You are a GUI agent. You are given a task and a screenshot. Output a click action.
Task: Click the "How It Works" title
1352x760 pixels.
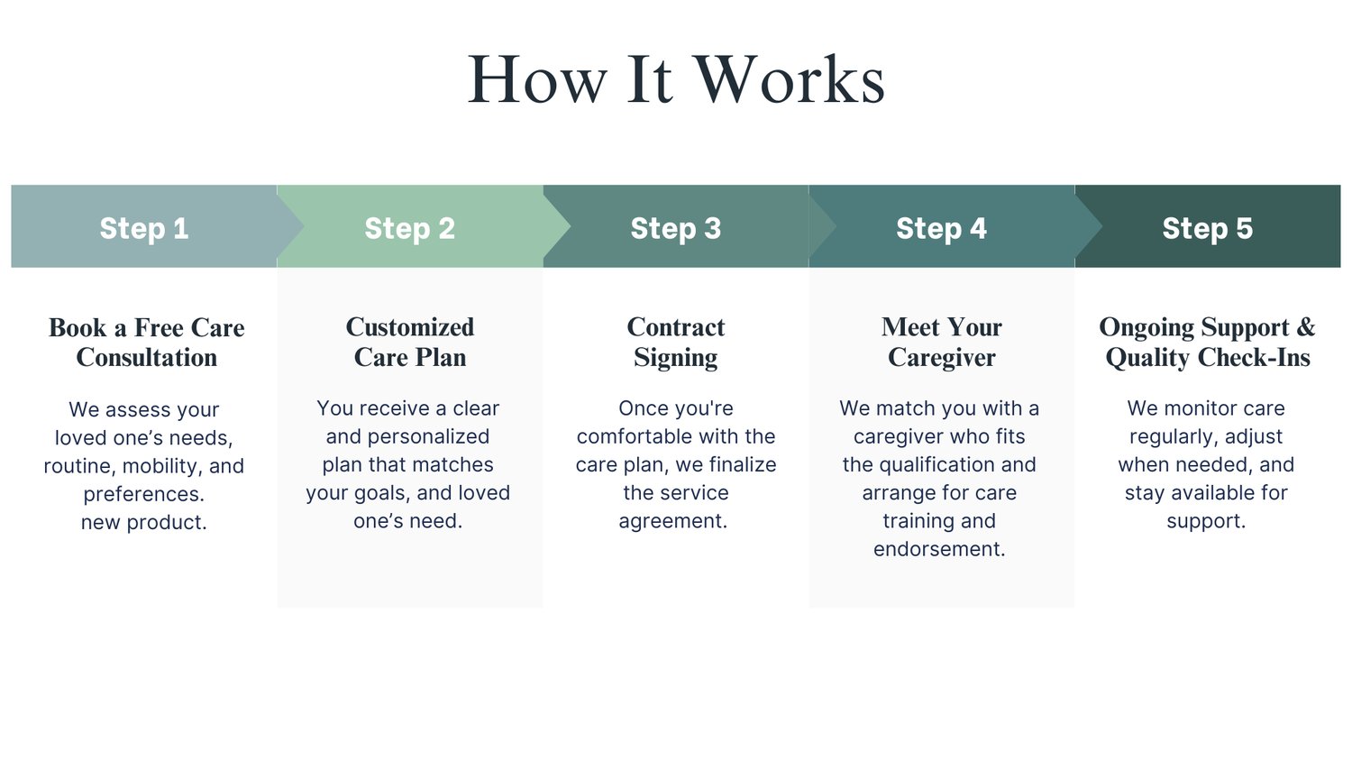(676, 79)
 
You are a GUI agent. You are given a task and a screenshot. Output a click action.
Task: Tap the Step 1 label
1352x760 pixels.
(144, 228)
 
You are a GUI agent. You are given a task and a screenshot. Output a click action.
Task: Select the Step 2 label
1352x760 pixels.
(410, 228)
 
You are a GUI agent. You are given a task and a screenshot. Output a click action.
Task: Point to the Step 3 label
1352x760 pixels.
(676, 228)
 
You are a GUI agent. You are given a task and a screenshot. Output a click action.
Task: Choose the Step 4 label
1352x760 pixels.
(941, 228)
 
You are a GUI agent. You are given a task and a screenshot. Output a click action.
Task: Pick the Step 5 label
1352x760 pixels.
(1207, 228)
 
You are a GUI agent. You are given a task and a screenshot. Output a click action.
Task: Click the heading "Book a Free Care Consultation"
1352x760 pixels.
(147, 343)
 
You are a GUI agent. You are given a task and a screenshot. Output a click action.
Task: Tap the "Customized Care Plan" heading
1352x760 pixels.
(410, 343)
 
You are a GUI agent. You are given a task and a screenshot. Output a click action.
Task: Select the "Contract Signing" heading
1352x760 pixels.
(676, 343)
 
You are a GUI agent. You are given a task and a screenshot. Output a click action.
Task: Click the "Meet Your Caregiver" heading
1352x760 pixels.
(942, 343)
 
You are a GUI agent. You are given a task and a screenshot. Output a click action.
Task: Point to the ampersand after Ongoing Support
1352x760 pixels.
(1306, 327)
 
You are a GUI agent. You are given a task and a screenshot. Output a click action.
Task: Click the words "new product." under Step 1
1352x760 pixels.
(144, 522)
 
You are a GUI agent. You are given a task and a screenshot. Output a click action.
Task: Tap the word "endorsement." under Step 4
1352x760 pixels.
(939, 549)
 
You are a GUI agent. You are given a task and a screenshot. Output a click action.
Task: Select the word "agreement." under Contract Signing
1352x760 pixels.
(673, 521)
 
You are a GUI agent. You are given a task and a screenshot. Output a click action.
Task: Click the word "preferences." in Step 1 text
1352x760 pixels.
(144, 494)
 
